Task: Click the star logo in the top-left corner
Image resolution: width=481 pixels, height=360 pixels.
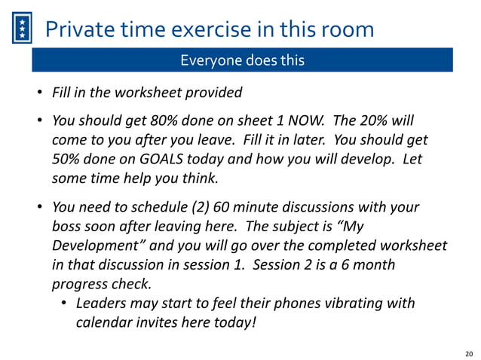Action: (x=23, y=30)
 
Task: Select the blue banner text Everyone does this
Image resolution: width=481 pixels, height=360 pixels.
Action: (x=242, y=60)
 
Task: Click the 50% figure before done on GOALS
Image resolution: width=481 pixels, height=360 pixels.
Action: (x=66, y=160)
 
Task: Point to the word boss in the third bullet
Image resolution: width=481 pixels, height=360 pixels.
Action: (x=66, y=226)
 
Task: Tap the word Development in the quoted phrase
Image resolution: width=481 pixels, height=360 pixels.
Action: (x=91, y=246)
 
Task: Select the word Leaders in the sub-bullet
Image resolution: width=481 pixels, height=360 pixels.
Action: (x=101, y=304)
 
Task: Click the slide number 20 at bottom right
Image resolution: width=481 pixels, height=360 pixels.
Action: (x=469, y=352)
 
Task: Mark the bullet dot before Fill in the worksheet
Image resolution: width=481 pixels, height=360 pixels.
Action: (x=41, y=94)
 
